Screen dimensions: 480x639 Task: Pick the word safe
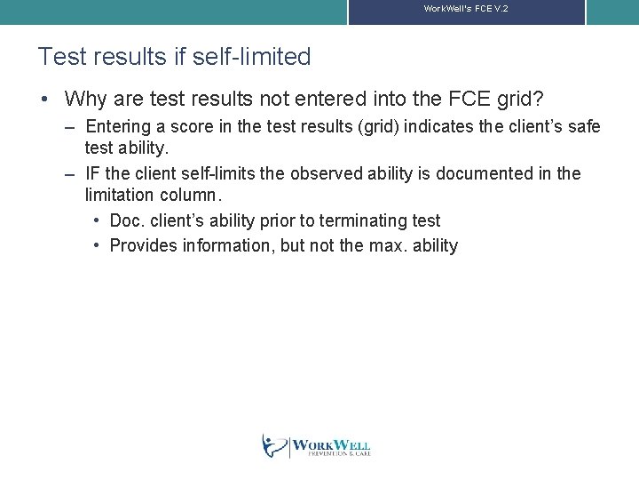coord(584,127)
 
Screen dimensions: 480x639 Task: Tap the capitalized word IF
coord(92,173)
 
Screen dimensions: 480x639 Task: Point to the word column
coord(195,195)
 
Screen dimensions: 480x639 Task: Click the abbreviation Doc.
coord(127,220)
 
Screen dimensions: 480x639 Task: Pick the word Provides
coord(143,245)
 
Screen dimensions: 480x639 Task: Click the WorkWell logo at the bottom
coord(317,445)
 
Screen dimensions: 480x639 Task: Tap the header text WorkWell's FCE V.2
coord(465,8)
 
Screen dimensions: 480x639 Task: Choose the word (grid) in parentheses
coord(377,127)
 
